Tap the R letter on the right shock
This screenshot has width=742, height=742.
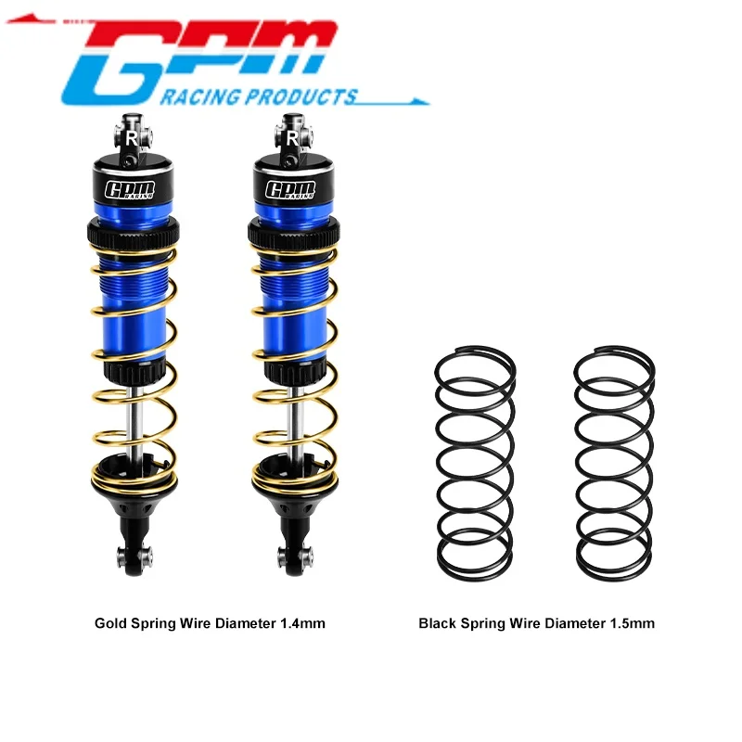coord(292,137)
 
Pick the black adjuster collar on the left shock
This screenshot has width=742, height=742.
coord(132,231)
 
